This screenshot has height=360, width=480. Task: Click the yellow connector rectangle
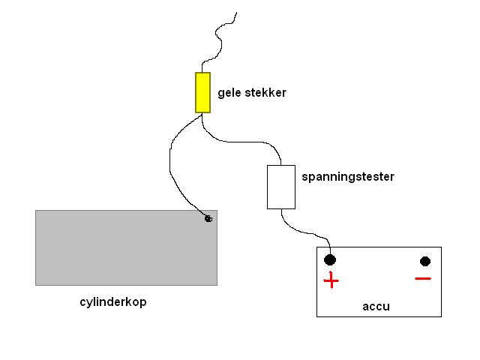(202, 92)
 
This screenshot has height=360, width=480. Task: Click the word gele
(230, 94)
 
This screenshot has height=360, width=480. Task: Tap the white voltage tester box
(281, 187)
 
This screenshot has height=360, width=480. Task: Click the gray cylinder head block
(126, 247)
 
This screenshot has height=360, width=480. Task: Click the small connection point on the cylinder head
(208, 218)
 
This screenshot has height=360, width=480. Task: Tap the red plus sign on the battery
(331, 281)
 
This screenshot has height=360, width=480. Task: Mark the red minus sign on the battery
(423, 279)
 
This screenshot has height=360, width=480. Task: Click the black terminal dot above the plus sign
(330, 260)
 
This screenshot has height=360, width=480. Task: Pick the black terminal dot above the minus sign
(425, 261)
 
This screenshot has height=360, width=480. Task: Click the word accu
(376, 306)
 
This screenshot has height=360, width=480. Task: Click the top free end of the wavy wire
(236, 12)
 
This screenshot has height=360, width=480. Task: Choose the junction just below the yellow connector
(202, 115)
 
